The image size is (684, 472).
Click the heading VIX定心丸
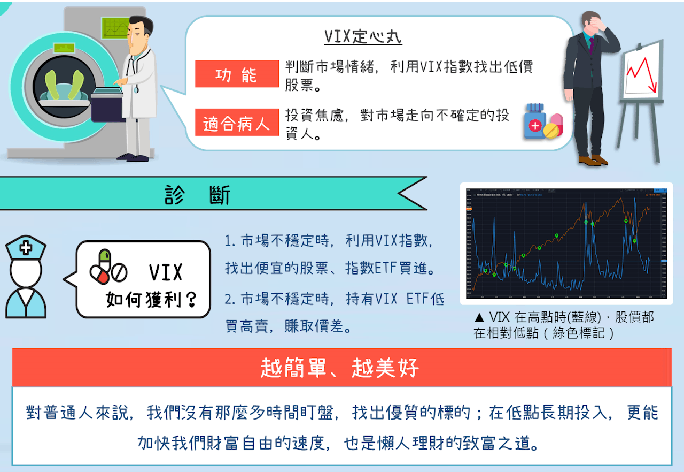point(363,37)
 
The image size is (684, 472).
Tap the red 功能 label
point(237,75)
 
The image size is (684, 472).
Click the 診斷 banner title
point(198,195)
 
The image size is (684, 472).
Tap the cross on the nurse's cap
point(25,248)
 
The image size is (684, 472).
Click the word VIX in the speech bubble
point(166,272)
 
